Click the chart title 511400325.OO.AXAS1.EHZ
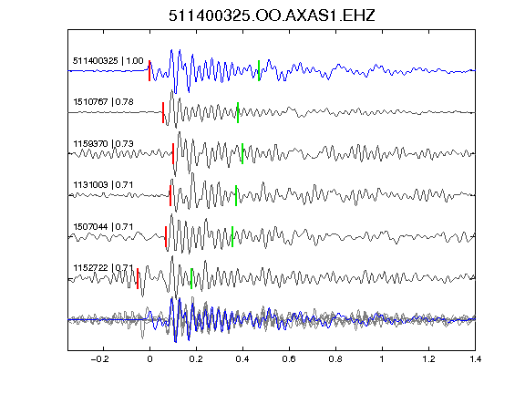[272, 16]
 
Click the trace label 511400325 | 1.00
[108, 61]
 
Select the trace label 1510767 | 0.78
[104, 102]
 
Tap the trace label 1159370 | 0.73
[104, 144]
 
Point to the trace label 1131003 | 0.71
[103, 185]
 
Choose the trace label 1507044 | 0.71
[103, 227]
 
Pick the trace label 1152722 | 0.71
[103, 268]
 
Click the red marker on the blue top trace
[149, 71]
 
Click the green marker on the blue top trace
[259, 71]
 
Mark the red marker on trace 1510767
[163, 112]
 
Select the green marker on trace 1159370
[242, 154]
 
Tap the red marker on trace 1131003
[170, 195]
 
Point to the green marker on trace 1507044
[232, 237]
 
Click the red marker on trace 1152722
[138, 278]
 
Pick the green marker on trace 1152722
[191, 278]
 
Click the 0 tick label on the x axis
[149, 359]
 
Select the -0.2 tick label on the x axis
[100, 359]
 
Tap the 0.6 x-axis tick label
[289, 359]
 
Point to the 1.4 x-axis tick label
[475, 359]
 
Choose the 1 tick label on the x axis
[382, 359]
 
